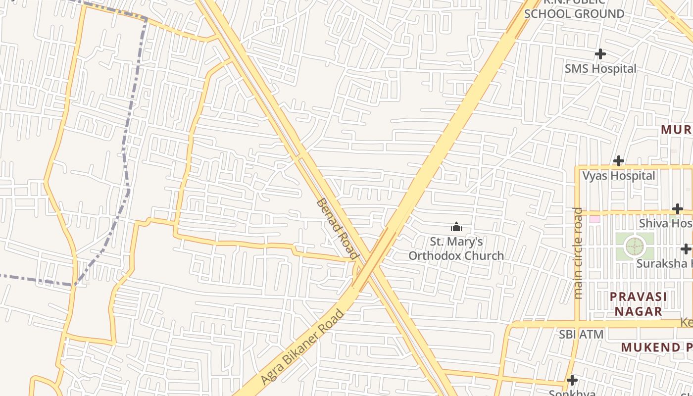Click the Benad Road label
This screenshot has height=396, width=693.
[337, 228]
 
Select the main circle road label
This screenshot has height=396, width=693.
[578, 252]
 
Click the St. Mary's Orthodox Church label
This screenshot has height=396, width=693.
[456, 248]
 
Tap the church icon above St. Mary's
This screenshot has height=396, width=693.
[456, 227]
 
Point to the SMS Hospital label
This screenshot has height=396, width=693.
[600, 69]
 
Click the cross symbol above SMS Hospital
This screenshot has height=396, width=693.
[600, 53]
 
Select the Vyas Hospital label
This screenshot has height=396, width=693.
[618, 176]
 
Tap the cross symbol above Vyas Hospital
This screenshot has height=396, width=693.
[618, 161]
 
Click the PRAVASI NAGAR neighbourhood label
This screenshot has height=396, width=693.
[638, 304]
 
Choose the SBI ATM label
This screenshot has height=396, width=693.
[581, 335]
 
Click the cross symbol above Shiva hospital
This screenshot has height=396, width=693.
[678, 209]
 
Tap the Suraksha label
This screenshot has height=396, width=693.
[663, 263]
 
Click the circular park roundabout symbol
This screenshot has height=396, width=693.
[635, 246]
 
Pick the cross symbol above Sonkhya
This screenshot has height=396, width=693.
[572, 380]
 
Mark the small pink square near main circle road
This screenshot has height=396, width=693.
[594, 219]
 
